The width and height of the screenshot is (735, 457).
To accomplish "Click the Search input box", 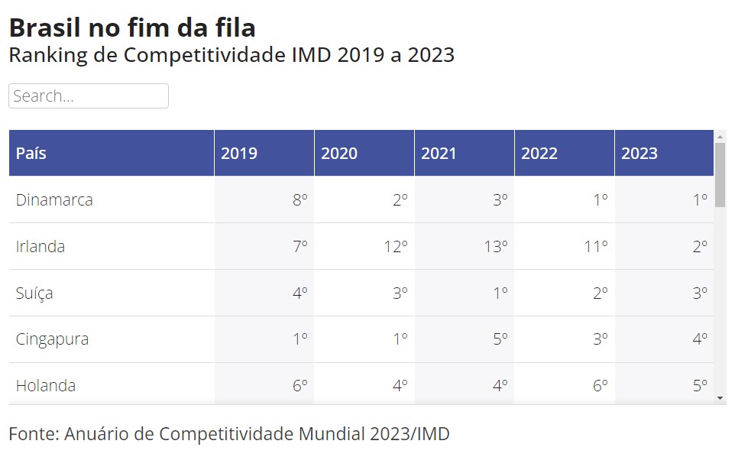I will click(x=89, y=96).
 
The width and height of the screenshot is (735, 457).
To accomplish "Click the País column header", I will click(x=31, y=153).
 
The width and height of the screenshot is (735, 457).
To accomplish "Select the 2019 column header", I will click(x=239, y=153).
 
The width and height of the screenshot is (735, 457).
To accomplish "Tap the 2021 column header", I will click(x=439, y=153).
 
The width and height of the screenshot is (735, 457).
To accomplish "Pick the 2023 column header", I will click(x=639, y=153).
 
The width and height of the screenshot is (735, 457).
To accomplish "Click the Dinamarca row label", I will click(x=54, y=200).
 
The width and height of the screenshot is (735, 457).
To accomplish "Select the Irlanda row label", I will click(x=40, y=247).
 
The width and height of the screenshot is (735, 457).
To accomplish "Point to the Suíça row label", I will click(x=34, y=293).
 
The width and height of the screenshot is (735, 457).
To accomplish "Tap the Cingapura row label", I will click(x=52, y=339).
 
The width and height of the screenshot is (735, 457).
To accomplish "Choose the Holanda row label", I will click(x=46, y=386).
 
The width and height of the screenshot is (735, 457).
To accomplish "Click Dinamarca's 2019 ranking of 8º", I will click(x=300, y=200).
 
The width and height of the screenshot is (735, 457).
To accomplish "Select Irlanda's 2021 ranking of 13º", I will click(x=497, y=247).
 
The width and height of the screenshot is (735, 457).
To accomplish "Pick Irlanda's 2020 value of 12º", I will click(x=397, y=247).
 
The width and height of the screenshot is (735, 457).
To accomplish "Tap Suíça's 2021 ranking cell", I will click(x=500, y=293).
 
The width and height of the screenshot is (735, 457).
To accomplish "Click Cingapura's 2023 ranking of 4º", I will click(x=700, y=339).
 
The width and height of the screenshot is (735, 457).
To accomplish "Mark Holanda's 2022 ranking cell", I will click(x=600, y=386).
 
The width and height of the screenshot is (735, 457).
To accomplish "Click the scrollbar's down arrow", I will click(x=720, y=398).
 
